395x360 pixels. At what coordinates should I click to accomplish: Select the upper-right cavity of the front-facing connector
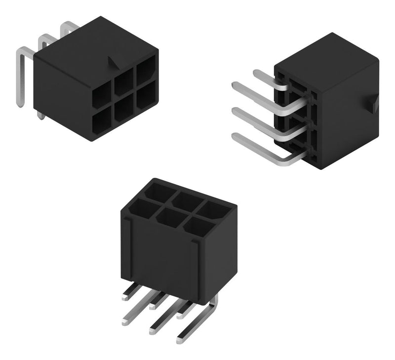[x=145, y=74]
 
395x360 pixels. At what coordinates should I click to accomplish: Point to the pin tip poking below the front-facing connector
[x=39, y=115]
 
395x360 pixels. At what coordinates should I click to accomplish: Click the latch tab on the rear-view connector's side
[x=374, y=104]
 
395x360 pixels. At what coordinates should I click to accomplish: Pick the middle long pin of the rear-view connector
[x=257, y=119]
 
